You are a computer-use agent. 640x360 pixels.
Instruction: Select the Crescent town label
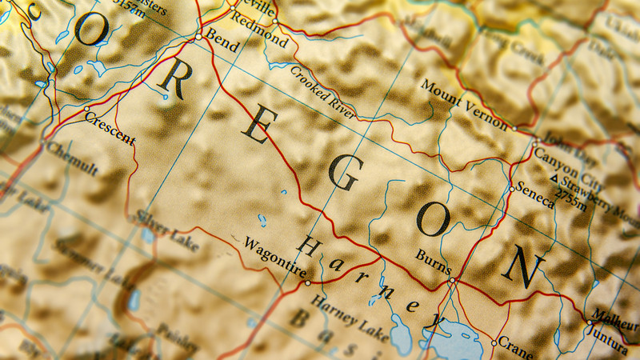click(110, 127)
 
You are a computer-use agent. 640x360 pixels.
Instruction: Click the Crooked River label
click(322, 94)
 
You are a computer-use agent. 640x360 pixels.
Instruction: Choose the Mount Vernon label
click(464, 105)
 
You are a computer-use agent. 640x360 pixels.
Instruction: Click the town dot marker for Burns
click(452, 281)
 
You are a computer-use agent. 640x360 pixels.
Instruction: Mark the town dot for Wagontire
click(308, 282)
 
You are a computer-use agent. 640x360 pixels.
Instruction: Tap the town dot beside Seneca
click(512, 190)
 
